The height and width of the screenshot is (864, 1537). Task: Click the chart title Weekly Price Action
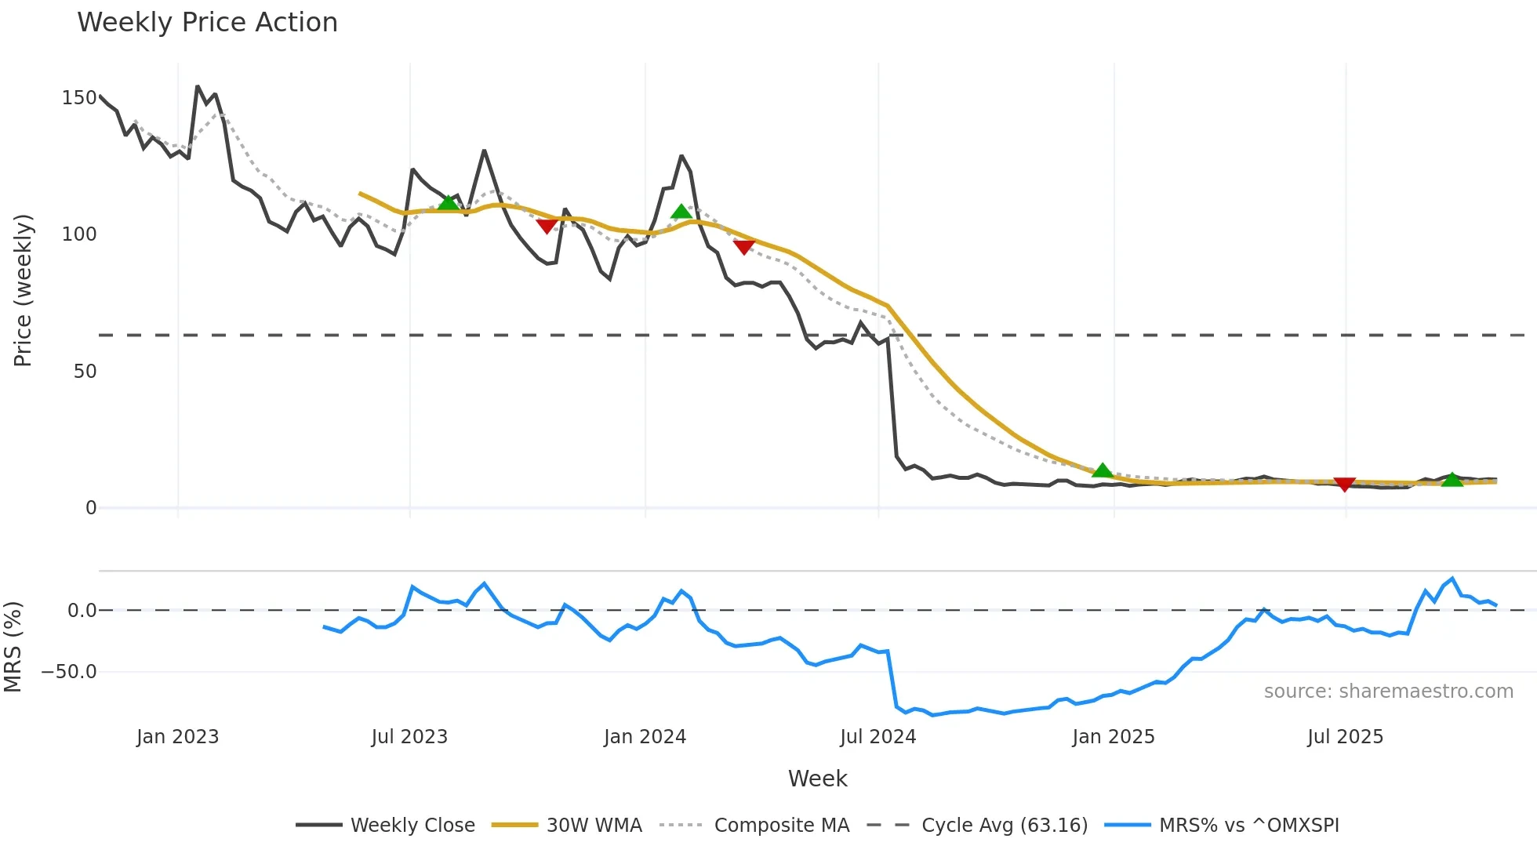coord(207,23)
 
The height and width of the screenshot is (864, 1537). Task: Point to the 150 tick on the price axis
coord(79,98)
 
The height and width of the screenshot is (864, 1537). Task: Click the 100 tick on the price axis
coord(79,234)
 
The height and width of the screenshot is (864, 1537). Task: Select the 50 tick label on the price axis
coord(85,372)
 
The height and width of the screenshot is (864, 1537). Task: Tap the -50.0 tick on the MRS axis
coord(69,672)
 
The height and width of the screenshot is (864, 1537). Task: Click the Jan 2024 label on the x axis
coord(645,737)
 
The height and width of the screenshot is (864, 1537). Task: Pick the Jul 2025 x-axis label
coord(1345,737)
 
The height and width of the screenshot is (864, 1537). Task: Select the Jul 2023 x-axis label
coord(409,737)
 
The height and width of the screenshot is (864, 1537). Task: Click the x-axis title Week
coord(817,779)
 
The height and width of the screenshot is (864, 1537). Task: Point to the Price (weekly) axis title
coord(23,290)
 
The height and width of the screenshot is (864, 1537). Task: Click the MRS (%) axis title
coord(13,647)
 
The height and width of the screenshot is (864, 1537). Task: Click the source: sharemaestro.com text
coord(1388,692)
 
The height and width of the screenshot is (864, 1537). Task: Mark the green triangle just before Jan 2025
coord(1103,470)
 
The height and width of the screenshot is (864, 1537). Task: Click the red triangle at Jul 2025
coord(1345,485)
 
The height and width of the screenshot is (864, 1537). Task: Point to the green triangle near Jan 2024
coord(681,212)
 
